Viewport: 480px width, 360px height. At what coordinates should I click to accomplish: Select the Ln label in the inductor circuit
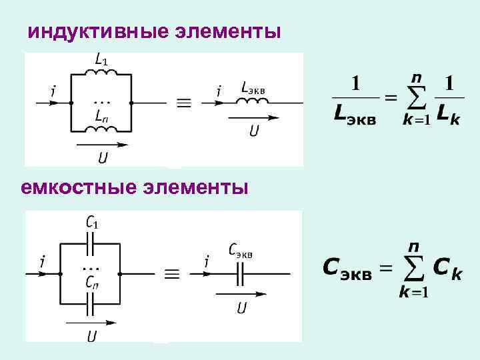(x=101, y=117)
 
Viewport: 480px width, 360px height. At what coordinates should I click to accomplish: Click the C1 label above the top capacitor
(x=93, y=222)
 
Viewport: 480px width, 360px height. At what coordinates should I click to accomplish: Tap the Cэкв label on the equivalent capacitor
(x=240, y=250)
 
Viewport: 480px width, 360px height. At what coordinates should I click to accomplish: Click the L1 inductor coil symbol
(x=101, y=75)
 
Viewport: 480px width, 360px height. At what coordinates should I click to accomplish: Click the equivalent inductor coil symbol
(x=253, y=101)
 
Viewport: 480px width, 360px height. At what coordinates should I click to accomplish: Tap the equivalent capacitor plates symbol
(x=239, y=273)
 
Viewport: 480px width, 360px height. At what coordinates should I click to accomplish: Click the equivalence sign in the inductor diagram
(x=183, y=103)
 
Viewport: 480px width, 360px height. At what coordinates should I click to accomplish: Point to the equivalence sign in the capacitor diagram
(x=171, y=273)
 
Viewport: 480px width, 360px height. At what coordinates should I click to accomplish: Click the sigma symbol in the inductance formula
(x=416, y=99)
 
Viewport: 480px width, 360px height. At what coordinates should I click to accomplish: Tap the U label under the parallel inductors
(x=103, y=158)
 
